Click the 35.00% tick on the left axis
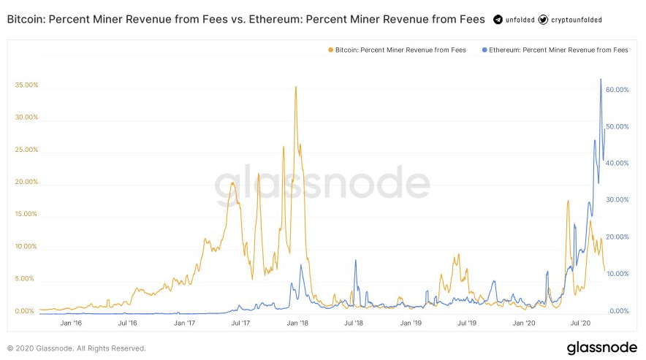point(26,85)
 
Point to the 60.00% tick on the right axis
point(617,90)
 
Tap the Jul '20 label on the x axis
point(582,323)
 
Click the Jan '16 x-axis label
point(71,323)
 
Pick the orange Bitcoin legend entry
point(397,50)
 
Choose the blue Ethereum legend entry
point(555,50)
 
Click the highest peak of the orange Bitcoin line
point(295,87)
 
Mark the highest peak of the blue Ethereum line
point(601,79)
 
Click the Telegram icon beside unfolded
point(498,20)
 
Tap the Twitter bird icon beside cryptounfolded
point(542,20)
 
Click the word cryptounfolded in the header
point(577,20)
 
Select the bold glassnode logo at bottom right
point(602,348)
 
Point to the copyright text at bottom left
point(77,348)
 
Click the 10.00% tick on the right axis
point(617,274)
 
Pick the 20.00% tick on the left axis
point(26,182)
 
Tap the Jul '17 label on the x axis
point(241,323)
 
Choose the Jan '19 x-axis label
point(411,323)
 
